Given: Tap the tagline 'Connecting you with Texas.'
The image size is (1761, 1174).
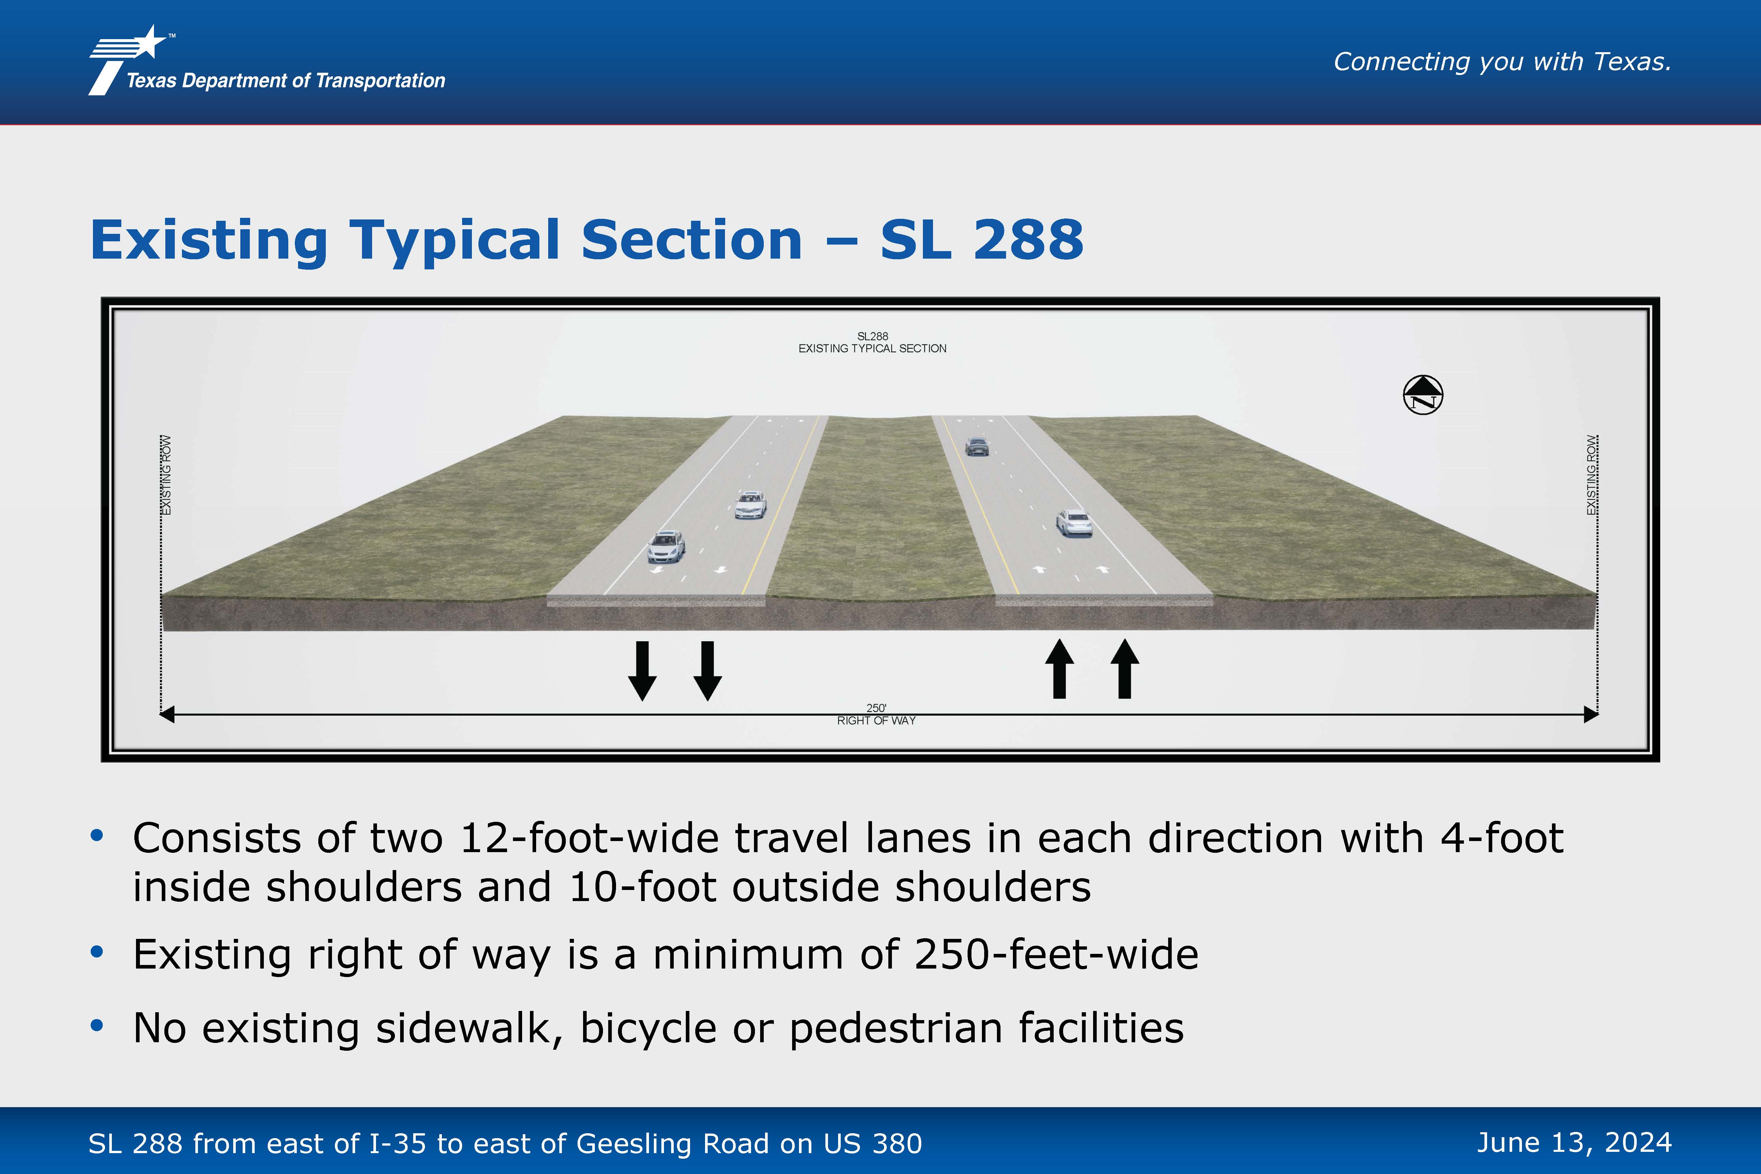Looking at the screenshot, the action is [x=1502, y=61].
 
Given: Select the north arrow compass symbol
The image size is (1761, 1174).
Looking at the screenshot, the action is [x=1422, y=395].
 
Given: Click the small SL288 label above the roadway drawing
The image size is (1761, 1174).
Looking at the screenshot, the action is [x=872, y=336].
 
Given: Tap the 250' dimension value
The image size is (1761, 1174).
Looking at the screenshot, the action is [x=876, y=708].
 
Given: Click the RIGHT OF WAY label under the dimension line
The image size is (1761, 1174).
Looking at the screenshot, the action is [x=876, y=720].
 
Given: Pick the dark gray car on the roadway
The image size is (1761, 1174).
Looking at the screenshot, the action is [x=977, y=446].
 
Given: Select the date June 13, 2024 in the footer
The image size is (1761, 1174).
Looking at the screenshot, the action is [x=1574, y=1143].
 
